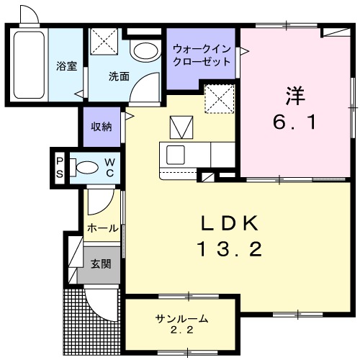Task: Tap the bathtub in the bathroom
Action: pyautogui.click(x=28, y=63)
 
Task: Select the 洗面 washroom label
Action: pyautogui.click(x=119, y=76)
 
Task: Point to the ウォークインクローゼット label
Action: pyautogui.click(x=202, y=55)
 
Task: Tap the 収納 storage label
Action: pyautogui.click(x=101, y=126)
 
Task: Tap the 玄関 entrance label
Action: pyautogui.click(x=100, y=264)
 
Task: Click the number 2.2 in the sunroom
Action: pyautogui.click(x=182, y=330)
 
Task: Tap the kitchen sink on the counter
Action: pyautogui.click(x=176, y=154)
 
